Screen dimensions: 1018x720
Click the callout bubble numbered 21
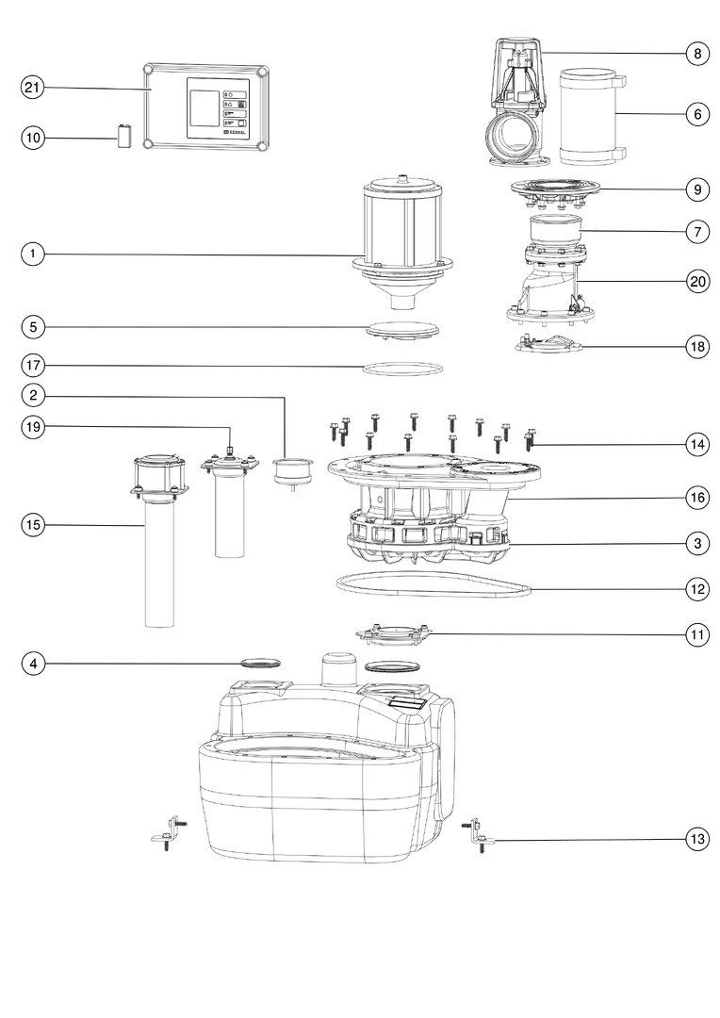[33, 88]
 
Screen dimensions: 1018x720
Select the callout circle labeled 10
[33, 139]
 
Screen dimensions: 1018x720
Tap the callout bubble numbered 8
[697, 54]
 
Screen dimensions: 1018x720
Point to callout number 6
[697, 114]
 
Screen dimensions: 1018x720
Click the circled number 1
[33, 254]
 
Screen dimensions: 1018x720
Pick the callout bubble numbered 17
[33, 364]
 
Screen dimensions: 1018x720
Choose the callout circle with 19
[33, 427]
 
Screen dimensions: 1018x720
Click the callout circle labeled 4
[33, 664]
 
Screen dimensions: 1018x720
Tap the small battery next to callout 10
[122, 137]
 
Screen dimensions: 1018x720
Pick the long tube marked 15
[160, 566]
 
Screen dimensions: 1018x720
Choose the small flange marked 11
[391, 636]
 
